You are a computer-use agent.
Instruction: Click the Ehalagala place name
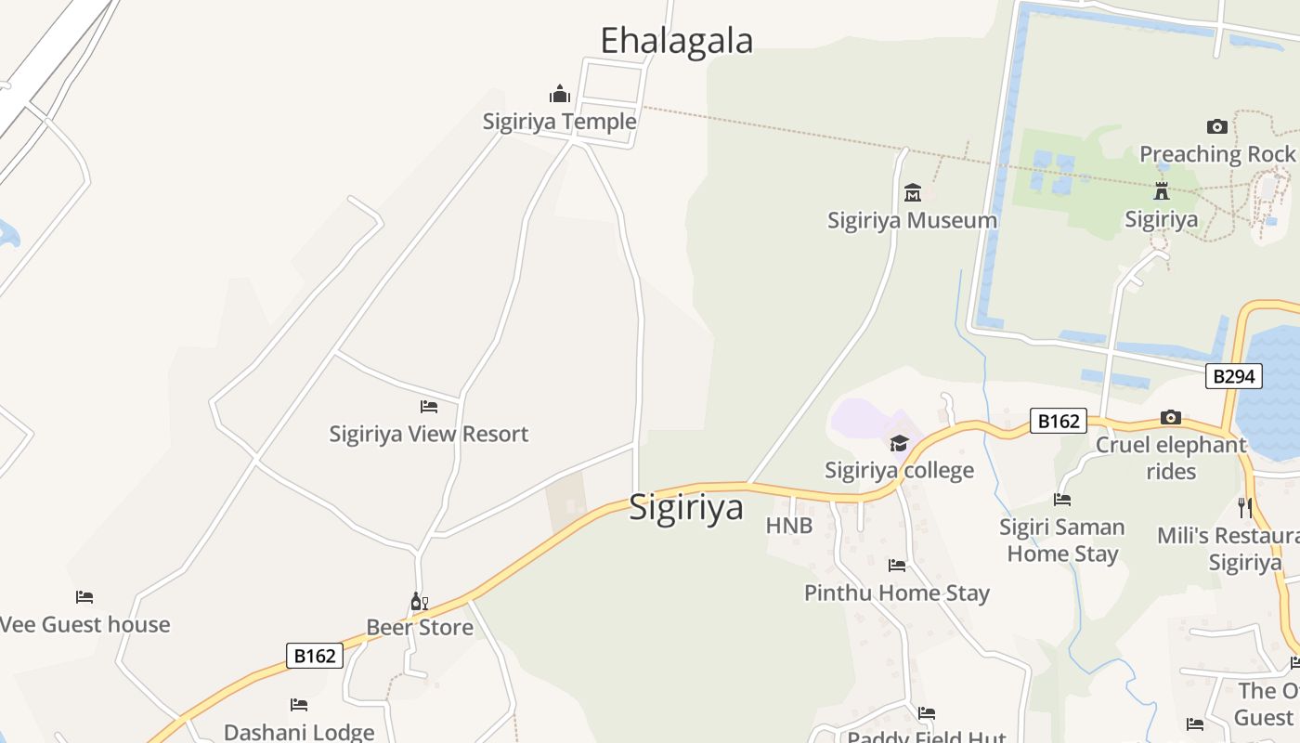point(676,41)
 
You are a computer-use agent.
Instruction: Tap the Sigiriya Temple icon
point(560,95)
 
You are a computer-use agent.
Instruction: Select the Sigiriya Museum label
point(912,220)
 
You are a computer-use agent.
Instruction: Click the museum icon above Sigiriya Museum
point(912,193)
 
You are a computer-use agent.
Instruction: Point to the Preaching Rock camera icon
point(1216,127)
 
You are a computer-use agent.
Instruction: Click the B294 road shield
point(1234,376)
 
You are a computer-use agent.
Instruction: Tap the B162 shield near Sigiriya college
point(1058,422)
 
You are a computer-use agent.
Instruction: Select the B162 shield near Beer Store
point(314,656)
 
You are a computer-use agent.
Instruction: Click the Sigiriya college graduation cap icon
point(899,444)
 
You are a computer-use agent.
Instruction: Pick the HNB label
point(789,526)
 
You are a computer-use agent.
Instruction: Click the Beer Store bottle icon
point(419,602)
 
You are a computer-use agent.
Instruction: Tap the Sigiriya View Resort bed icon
point(428,407)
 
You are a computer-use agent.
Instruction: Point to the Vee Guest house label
point(84,624)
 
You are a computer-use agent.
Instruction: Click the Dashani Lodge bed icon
point(298,705)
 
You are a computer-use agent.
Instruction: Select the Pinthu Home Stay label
point(896,593)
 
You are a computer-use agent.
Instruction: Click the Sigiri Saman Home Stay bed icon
point(1062,500)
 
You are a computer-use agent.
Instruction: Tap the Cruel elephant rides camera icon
point(1170,418)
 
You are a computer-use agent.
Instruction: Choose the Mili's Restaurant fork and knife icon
point(1244,507)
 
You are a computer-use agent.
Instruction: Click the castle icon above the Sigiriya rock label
point(1161,192)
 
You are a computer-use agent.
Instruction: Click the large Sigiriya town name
point(686,507)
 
